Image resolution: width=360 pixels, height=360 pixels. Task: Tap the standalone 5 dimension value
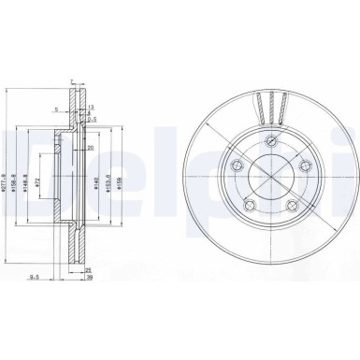(56, 109)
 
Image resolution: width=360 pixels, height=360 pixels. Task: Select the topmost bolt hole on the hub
(270, 140)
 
